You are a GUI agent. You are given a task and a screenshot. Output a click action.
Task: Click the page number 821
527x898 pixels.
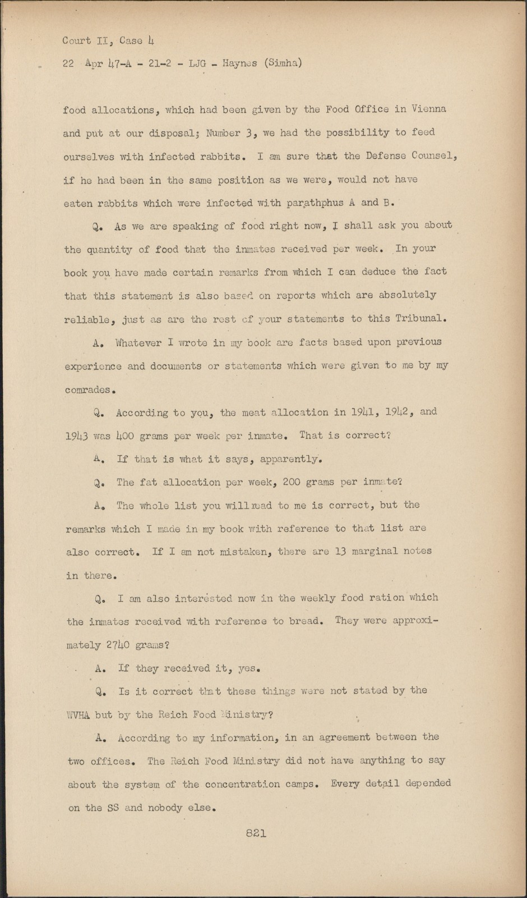point(255,834)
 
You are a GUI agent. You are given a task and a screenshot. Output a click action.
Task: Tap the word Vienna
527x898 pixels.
point(428,109)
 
